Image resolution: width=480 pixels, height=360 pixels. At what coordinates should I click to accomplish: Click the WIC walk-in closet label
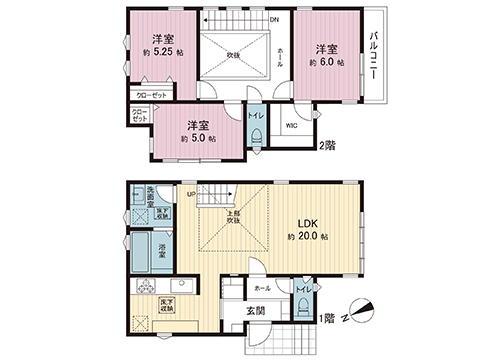(x=291, y=126)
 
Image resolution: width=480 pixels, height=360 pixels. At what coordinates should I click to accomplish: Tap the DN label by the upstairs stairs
(x=275, y=19)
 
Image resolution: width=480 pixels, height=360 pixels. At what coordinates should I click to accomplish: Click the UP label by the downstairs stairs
(x=190, y=194)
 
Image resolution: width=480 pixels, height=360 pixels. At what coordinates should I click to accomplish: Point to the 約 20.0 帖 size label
(x=309, y=238)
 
